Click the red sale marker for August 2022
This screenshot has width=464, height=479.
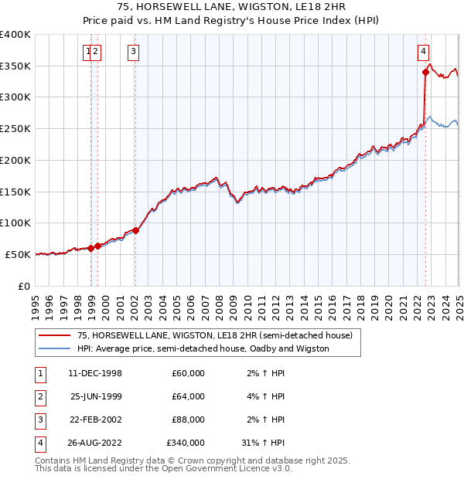(425, 73)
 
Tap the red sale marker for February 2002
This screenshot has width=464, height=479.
(135, 230)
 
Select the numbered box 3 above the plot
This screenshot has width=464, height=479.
(134, 52)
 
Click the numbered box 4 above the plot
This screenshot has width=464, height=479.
(424, 52)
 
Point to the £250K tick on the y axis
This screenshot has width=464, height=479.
(17, 129)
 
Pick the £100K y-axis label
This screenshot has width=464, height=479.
(17, 223)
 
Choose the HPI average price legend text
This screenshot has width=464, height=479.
(203, 348)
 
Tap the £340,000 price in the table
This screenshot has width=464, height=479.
(185, 443)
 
